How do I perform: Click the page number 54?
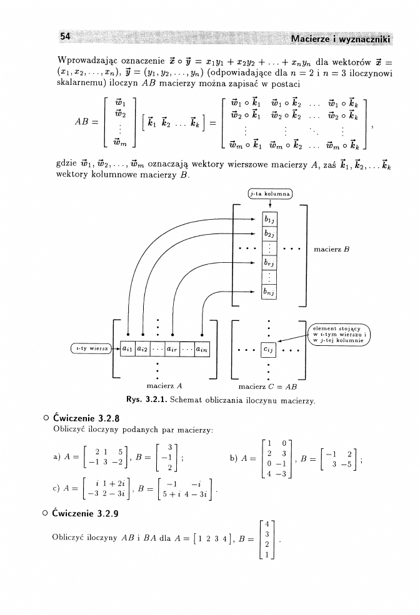point(64,37)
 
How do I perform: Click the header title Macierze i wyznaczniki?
point(341,41)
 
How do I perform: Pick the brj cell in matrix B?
point(270,262)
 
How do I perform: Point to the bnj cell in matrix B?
point(270,292)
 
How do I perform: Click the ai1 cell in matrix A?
point(127,348)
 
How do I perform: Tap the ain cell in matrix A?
point(201,348)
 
